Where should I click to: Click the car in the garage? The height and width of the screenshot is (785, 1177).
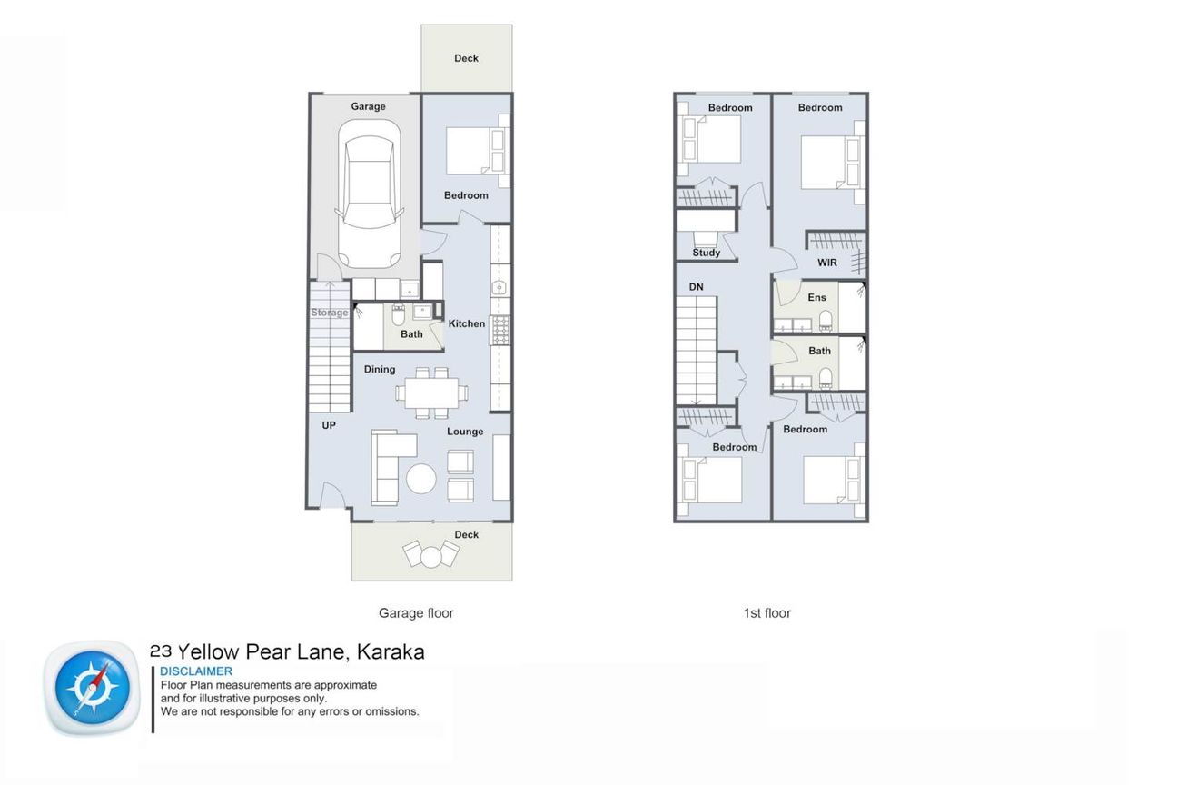[x=370, y=194]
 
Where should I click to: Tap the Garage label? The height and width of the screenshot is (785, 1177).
[x=369, y=106]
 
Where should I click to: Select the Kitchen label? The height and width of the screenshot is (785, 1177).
[x=467, y=323]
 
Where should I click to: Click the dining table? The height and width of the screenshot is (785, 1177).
[x=432, y=392]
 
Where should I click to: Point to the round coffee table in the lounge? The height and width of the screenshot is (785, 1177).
[x=420, y=479]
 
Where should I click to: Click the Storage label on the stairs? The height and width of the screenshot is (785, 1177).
[x=330, y=313]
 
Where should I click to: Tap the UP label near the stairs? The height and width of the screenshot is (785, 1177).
[x=329, y=425]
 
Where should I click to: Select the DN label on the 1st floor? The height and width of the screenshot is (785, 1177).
[x=697, y=287]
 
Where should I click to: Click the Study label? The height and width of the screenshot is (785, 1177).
[x=707, y=253]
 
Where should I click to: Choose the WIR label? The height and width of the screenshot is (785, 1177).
[x=827, y=263]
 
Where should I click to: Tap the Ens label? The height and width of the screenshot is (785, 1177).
[x=817, y=298]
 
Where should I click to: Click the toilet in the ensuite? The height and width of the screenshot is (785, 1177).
[x=826, y=321]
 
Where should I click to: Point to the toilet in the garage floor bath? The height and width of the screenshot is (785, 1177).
[x=399, y=314]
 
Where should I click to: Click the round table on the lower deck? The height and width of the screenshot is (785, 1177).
[x=430, y=557]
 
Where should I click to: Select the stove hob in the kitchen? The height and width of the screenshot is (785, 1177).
[x=500, y=330]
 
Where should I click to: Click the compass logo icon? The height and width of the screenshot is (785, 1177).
[x=93, y=688]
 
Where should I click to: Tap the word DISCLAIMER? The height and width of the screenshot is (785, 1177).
[x=196, y=671]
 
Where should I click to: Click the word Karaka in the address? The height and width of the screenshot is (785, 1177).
[x=391, y=652]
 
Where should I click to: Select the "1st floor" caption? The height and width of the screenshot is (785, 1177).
[x=767, y=613]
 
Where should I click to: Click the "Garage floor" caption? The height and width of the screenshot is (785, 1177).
[x=416, y=613]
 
